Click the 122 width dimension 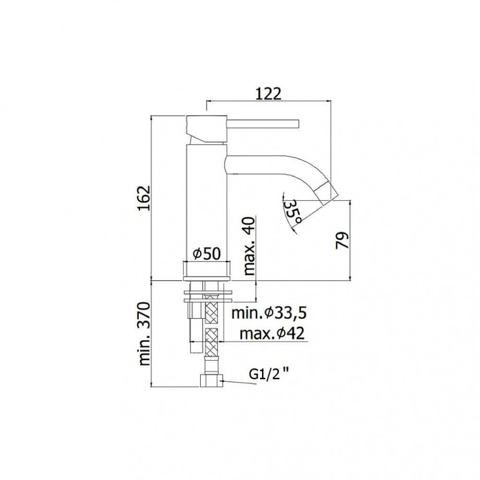coord(268,94)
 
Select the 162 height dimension coord(144,198)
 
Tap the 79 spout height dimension coord(342,240)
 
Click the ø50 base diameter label coord(206,253)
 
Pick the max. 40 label coord(250,246)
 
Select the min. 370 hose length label coord(145,334)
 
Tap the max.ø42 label coord(272,334)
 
